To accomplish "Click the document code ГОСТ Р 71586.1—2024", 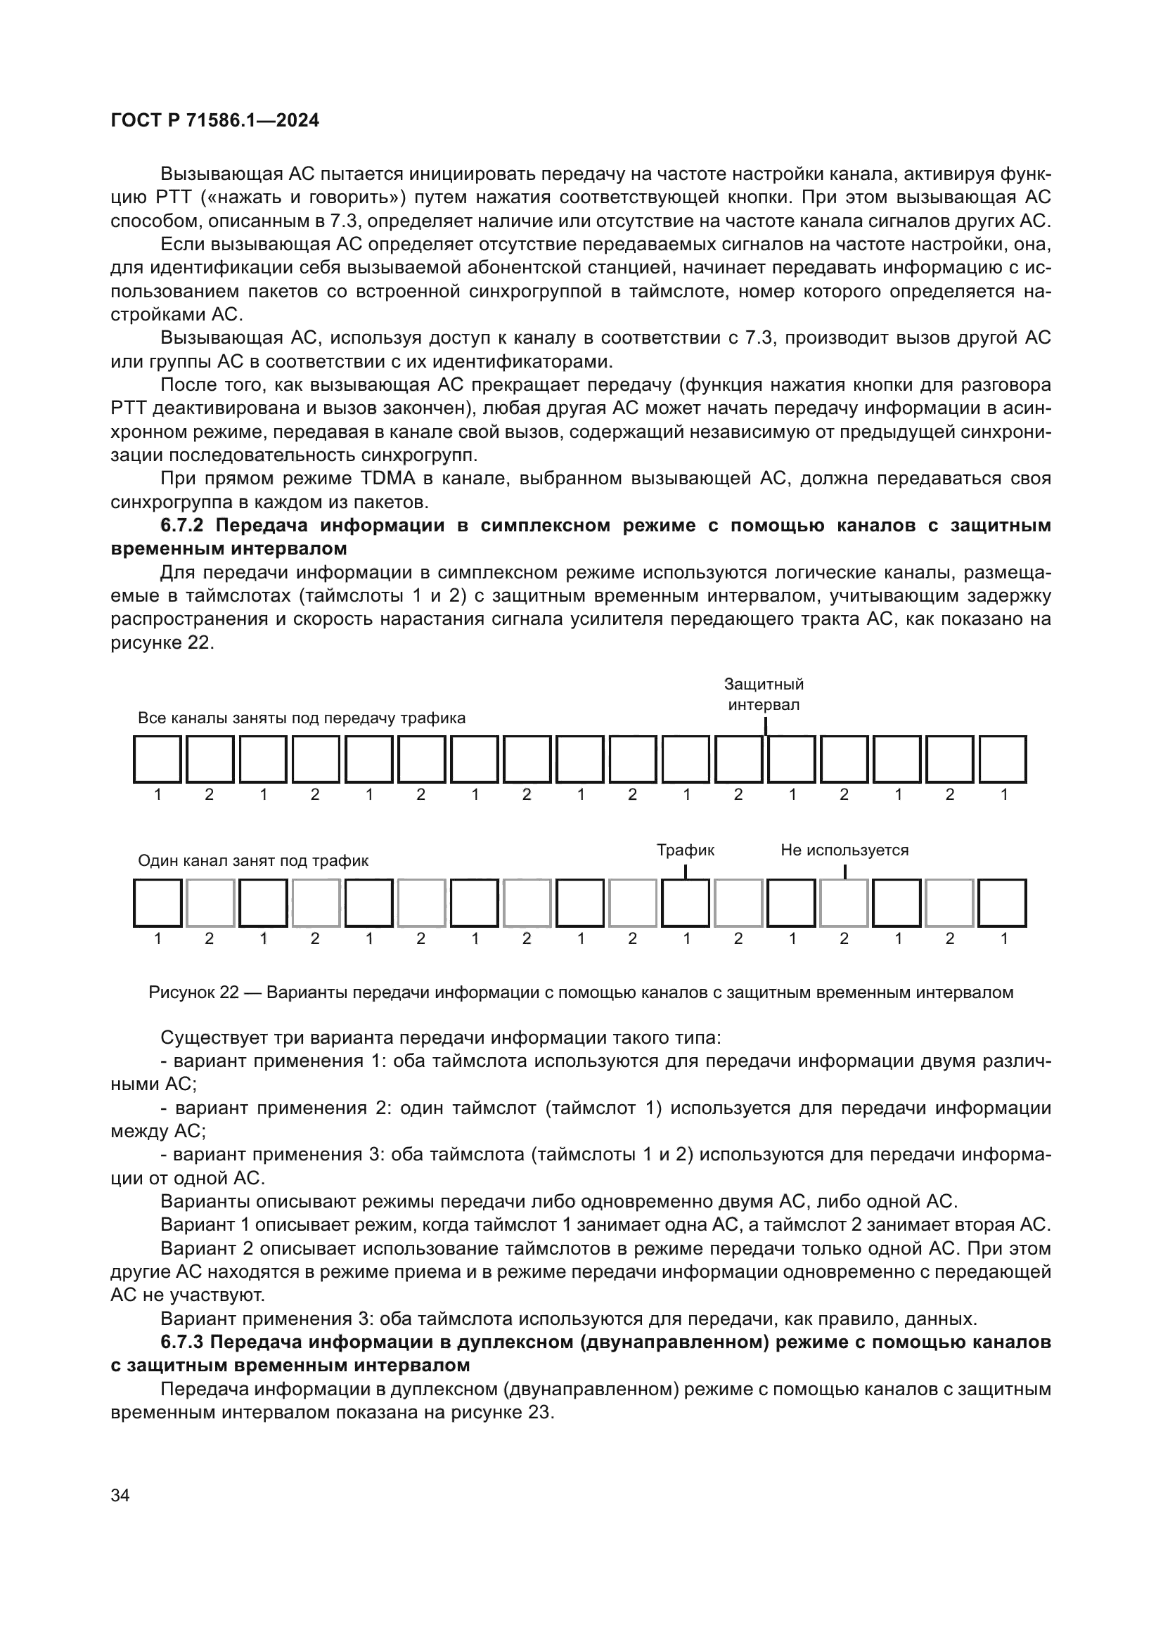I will click(215, 121).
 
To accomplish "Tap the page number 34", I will click(120, 1496).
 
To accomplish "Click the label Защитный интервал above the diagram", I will click(764, 694).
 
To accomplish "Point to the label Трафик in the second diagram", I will click(686, 850).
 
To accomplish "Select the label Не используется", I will click(844, 850).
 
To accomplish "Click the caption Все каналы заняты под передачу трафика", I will click(301, 718).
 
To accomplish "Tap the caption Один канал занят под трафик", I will click(253, 861).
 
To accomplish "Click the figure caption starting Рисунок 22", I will click(581, 992).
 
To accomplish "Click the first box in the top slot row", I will click(157, 759).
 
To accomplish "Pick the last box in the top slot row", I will click(1003, 759).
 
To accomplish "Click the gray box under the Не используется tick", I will click(844, 903).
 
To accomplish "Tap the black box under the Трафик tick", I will click(686, 903).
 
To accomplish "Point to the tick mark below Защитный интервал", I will click(766, 726).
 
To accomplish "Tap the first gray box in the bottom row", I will click(210, 903).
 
